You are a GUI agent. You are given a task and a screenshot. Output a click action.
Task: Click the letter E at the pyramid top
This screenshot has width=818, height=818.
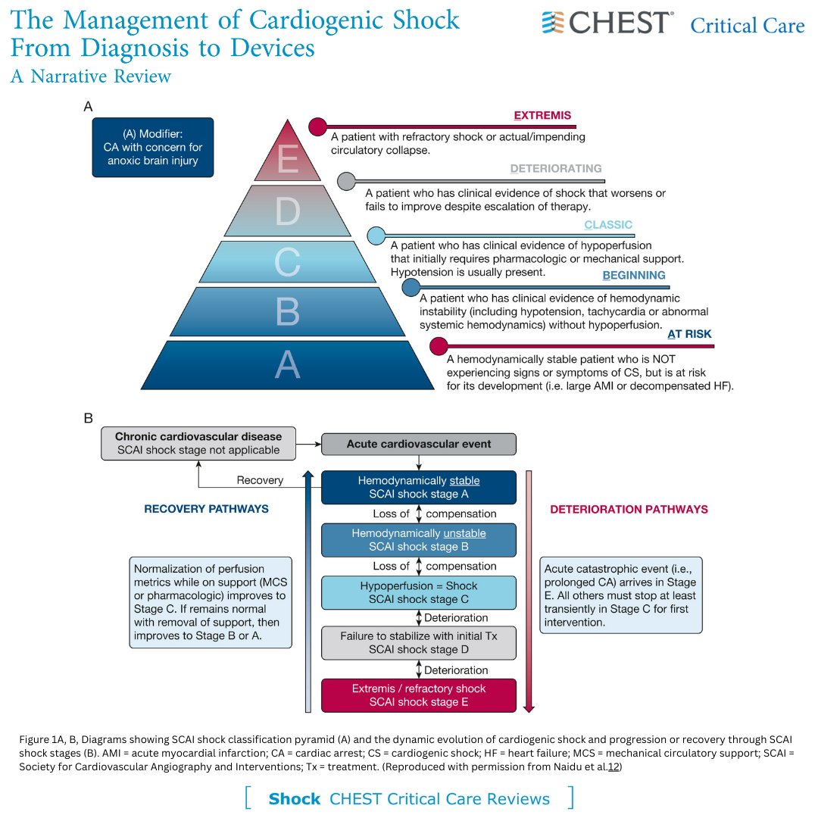point(288,161)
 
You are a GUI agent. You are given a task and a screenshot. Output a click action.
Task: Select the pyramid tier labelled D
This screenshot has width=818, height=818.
point(288,212)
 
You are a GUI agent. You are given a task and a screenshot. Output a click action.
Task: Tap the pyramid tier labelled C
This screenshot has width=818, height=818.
point(288,261)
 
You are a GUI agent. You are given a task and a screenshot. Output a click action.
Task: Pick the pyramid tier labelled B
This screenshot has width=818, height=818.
point(288,311)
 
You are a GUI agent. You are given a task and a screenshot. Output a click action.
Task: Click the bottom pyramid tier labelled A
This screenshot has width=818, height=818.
point(288,364)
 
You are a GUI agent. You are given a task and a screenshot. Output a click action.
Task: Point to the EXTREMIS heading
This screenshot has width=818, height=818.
point(542,116)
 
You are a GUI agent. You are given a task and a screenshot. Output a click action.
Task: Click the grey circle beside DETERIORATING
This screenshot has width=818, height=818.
point(346,181)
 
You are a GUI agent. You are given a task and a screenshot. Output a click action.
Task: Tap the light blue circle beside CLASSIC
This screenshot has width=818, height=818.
point(376,236)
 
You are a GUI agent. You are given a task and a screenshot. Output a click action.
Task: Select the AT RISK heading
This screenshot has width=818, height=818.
point(689,334)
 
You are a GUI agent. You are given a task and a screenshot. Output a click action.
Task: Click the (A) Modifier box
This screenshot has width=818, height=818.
point(153,147)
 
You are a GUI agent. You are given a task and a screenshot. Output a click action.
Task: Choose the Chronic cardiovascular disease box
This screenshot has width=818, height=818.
point(198,443)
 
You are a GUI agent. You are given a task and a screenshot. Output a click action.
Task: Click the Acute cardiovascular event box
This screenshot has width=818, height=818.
point(419,444)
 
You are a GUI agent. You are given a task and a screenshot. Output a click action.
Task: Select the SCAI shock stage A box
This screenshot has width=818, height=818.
point(419,488)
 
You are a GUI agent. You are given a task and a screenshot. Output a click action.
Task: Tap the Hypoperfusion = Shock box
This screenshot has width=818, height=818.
point(419,592)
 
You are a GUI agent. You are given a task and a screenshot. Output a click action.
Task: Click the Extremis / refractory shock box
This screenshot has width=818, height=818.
point(419,695)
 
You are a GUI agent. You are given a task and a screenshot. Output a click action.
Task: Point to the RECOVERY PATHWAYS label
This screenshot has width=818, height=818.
point(206,509)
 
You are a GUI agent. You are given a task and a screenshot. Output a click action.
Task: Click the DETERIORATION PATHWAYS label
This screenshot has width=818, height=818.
point(629,509)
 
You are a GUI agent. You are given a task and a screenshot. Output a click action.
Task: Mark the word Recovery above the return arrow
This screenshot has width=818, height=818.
point(260,480)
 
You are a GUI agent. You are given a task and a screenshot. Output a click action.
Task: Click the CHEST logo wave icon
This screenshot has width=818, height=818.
point(554,23)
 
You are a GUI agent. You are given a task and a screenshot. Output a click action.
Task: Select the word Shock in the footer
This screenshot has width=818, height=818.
point(295,799)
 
